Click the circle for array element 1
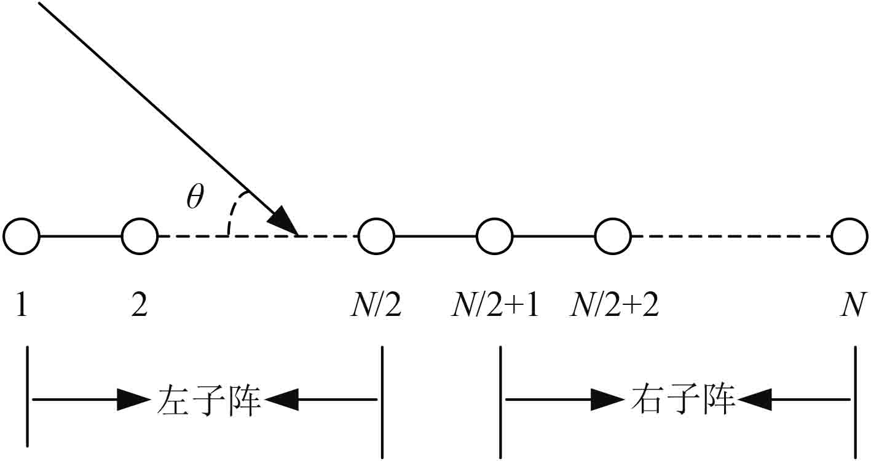pyautogui.click(x=22, y=236)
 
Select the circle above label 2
pyautogui.click(x=140, y=236)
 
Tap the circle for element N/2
pyautogui.click(x=377, y=236)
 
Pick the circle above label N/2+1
pyautogui.click(x=495, y=236)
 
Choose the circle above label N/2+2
pyautogui.click(x=613, y=236)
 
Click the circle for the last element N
pyautogui.click(x=849, y=236)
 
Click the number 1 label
pyautogui.click(x=22, y=305)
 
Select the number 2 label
pyautogui.click(x=140, y=305)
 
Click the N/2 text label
pyautogui.click(x=376, y=305)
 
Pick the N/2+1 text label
pyautogui.click(x=495, y=305)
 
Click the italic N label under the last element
pyautogui.click(x=854, y=305)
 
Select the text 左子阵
pyautogui.click(x=207, y=400)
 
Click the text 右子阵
pyautogui.click(x=683, y=400)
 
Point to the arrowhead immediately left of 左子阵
pyautogui.click(x=133, y=400)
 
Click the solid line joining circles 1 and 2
pyautogui.click(x=81, y=236)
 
